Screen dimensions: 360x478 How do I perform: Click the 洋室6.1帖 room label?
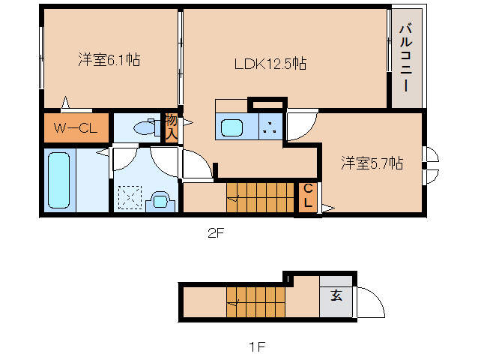(109, 60)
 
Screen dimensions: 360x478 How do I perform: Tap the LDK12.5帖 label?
(270, 64)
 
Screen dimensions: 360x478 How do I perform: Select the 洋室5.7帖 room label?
(372, 163)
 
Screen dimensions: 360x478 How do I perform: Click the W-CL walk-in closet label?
(75, 128)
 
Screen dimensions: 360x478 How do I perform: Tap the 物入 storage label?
(172, 127)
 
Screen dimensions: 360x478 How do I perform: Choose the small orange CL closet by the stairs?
(308, 196)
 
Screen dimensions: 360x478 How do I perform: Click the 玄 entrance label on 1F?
(336, 295)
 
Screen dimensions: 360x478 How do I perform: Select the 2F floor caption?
(216, 233)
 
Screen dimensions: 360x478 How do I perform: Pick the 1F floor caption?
(257, 346)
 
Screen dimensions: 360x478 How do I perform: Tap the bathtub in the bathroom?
(58, 180)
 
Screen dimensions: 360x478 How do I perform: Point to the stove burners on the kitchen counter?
(270, 127)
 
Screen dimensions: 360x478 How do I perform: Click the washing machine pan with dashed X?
(129, 198)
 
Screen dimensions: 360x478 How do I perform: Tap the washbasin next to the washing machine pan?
(159, 200)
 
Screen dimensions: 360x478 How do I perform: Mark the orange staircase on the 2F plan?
(261, 196)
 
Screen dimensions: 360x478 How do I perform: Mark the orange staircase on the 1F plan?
(256, 303)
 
